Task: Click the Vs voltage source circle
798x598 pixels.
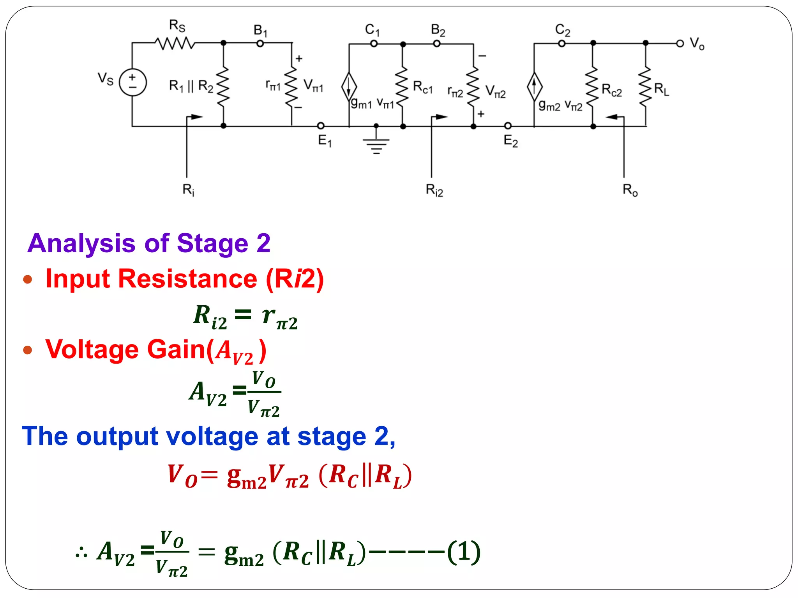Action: pyautogui.click(x=132, y=83)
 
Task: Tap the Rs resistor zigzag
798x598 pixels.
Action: pyautogui.click(x=175, y=43)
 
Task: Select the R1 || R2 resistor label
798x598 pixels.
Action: pyautogui.click(x=191, y=86)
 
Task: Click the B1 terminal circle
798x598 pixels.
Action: pyautogui.click(x=260, y=44)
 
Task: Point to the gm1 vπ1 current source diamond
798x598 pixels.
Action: pyautogui.click(x=349, y=86)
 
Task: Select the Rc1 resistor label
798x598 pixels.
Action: pyautogui.click(x=423, y=87)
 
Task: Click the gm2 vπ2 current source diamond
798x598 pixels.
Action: pyautogui.click(x=534, y=86)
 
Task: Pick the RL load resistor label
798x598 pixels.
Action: pyautogui.click(x=661, y=90)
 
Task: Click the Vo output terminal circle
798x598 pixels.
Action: pyautogui.click(x=680, y=44)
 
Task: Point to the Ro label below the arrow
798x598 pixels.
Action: pyautogui.click(x=630, y=190)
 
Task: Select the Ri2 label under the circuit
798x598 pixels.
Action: pyautogui.click(x=434, y=190)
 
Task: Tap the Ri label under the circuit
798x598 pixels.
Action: pyautogui.click(x=188, y=190)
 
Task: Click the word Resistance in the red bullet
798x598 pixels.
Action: pyautogui.click(x=187, y=279)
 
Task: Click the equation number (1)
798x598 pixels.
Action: pyautogui.click(x=464, y=552)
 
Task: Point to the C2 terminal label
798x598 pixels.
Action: pyautogui.click(x=562, y=30)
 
